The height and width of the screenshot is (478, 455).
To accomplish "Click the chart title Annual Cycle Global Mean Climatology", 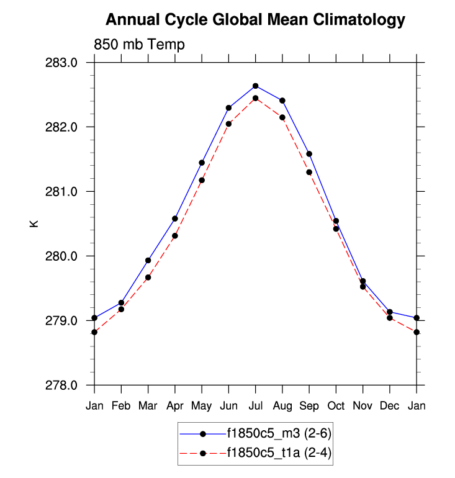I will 255,20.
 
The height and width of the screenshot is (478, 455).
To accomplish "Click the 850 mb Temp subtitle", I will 139,45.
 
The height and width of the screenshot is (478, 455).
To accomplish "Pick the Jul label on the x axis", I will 255,406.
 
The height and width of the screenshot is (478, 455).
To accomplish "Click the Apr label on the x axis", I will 175,406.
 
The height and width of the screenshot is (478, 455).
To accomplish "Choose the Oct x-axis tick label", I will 336,406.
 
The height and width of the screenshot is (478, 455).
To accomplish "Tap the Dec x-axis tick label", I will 390,406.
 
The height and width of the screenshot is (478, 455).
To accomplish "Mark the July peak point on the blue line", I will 255,86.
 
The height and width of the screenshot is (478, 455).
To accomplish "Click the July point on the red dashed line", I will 255,98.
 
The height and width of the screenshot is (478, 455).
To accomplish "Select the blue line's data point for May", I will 202,163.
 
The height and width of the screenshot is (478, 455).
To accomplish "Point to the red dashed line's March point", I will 148,277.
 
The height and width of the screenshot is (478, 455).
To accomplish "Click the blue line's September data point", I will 309,154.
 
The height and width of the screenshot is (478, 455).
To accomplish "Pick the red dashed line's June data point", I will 228,124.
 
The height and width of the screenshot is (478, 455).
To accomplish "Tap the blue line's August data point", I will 282,101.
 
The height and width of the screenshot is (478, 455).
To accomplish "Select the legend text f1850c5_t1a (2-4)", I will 279,453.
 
